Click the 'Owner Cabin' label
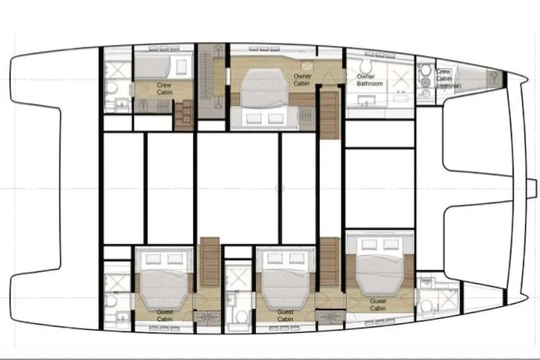coord(301,79)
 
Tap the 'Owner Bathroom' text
coord(369,80)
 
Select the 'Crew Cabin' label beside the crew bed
coord(165,88)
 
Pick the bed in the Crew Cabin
coord(161,68)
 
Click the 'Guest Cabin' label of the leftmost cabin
coord(165,315)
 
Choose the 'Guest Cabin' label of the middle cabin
coord(285,315)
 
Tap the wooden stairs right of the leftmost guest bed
coord(209,262)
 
